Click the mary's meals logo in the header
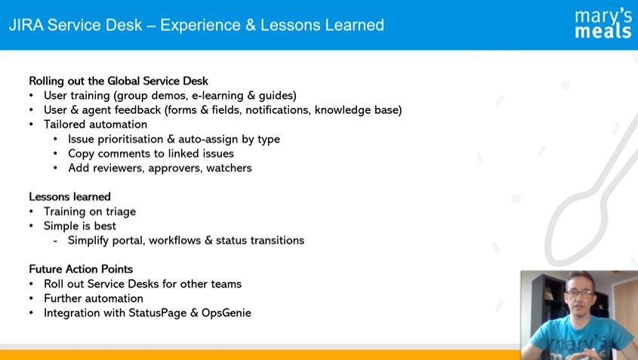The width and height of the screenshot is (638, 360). pyautogui.click(x=603, y=24)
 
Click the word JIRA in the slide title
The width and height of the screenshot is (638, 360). pyautogui.click(x=26, y=25)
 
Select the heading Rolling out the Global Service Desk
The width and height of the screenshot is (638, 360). pyautogui.click(x=119, y=81)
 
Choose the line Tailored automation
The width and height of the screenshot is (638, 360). pyautogui.click(x=96, y=125)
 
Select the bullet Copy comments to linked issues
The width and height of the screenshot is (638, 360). pyautogui.click(x=151, y=154)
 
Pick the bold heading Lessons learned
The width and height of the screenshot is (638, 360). pyautogui.click(x=69, y=197)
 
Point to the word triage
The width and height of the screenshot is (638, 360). pyautogui.click(x=121, y=211)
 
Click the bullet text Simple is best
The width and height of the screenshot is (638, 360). pyautogui.click(x=80, y=226)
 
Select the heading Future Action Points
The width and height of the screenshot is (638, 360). pyautogui.click(x=81, y=269)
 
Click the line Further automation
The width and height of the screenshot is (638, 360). pyautogui.click(x=94, y=299)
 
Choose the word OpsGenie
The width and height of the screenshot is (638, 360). pyautogui.click(x=227, y=313)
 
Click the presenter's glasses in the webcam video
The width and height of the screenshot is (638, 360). pyautogui.click(x=580, y=293)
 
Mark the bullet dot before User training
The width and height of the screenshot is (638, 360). pyautogui.click(x=31, y=96)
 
